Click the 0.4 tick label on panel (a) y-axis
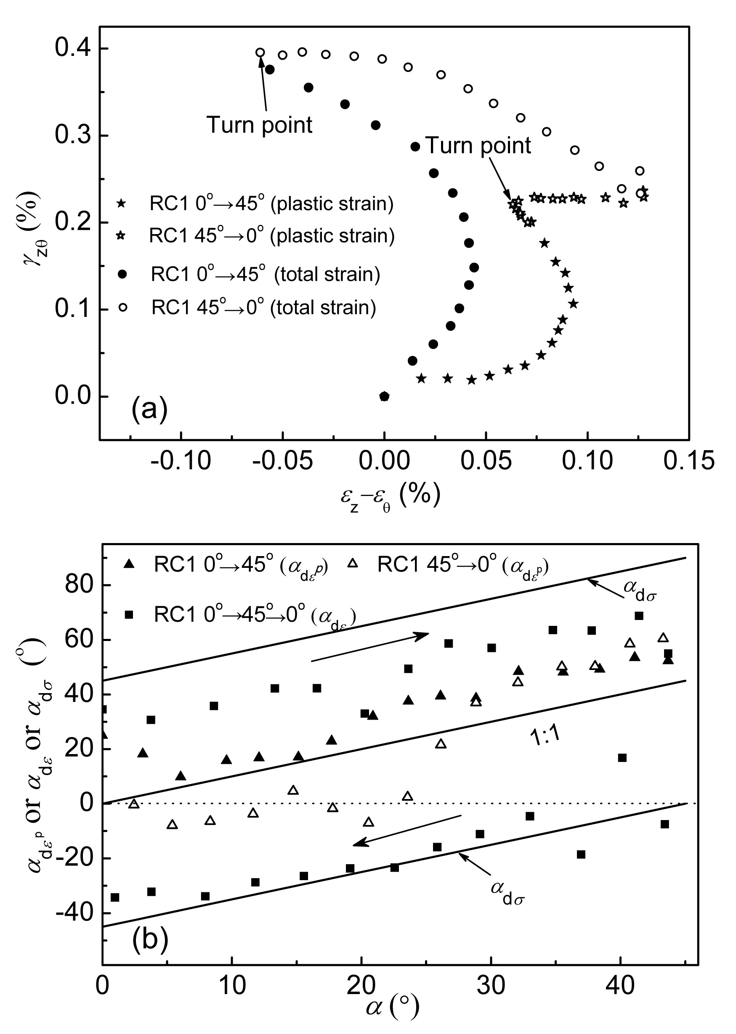(x=73, y=48)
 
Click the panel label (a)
(x=149, y=409)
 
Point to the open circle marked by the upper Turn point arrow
(x=260, y=53)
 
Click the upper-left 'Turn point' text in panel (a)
(x=260, y=125)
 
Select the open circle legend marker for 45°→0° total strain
(x=122, y=308)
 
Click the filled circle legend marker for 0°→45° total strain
(x=122, y=274)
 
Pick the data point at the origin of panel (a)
(x=384, y=397)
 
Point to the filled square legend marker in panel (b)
(x=129, y=615)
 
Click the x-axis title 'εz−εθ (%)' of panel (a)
(x=390, y=497)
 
